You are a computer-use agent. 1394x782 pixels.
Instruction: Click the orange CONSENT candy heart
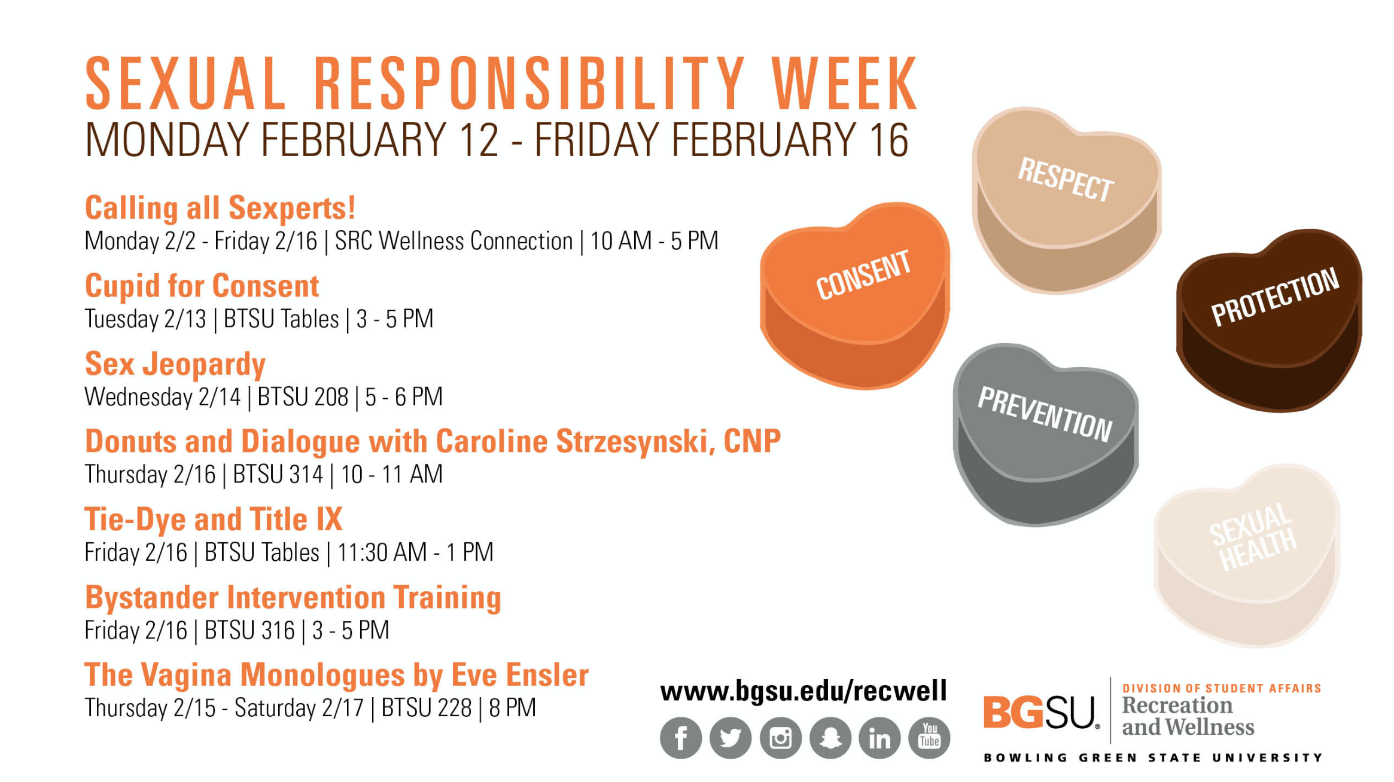854,296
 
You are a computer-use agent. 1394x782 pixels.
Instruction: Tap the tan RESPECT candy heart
1066,200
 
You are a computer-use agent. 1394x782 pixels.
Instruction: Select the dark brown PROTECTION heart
1269,320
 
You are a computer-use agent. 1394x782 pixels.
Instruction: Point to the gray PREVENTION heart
1046,435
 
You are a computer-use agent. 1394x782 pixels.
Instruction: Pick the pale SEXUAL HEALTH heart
1247,555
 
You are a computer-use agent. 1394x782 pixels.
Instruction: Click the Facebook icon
681,738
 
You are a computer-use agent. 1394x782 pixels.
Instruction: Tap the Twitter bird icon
731,738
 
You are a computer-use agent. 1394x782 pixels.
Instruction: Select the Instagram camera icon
781,738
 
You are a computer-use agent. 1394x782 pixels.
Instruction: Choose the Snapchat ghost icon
830,738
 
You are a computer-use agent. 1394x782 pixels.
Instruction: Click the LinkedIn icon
879,738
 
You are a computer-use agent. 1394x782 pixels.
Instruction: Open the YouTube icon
929,738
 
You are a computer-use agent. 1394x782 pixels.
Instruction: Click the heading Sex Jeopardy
175,365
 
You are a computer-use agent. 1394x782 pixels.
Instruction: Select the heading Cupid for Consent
202,286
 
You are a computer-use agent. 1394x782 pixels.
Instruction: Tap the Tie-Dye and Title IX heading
214,520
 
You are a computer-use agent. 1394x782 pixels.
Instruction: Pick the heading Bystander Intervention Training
293,598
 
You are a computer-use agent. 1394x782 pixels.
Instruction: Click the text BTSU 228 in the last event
427,708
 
